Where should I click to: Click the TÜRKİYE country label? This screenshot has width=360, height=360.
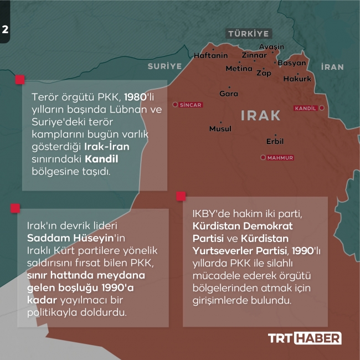point(248,34)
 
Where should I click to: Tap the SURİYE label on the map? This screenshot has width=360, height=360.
point(164,66)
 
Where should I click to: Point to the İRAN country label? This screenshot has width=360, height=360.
point(332,67)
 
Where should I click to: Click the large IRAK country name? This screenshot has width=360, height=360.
point(261,115)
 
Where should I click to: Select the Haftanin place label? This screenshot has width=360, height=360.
point(210,55)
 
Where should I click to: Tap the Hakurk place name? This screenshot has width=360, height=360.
point(297,79)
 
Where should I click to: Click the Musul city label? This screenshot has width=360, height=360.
point(220,128)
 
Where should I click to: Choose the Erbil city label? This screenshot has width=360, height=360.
point(275,141)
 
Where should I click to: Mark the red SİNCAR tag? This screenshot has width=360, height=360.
point(189,104)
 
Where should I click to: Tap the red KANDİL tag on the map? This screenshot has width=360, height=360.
point(307,108)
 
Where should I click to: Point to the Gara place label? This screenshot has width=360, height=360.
point(229,94)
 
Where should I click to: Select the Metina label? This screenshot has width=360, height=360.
point(239,69)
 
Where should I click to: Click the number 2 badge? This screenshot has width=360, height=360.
point(5,30)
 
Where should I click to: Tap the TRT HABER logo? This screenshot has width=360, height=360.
point(305,338)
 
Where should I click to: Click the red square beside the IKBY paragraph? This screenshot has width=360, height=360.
point(181,196)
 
